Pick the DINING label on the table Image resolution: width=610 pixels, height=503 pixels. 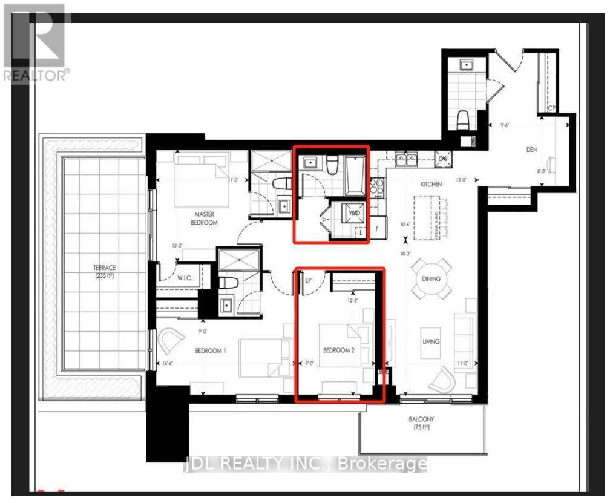coord(431,279)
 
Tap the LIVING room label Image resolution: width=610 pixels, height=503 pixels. coord(431,341)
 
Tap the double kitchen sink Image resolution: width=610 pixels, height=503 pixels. coord(405,160)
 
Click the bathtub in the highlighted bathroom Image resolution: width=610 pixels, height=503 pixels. coord(355,176)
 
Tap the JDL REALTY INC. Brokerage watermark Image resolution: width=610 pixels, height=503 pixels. coord(305,465)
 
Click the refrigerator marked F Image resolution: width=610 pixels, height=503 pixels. coord(377,229)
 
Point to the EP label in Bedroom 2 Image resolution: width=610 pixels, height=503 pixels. coord(307,280)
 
